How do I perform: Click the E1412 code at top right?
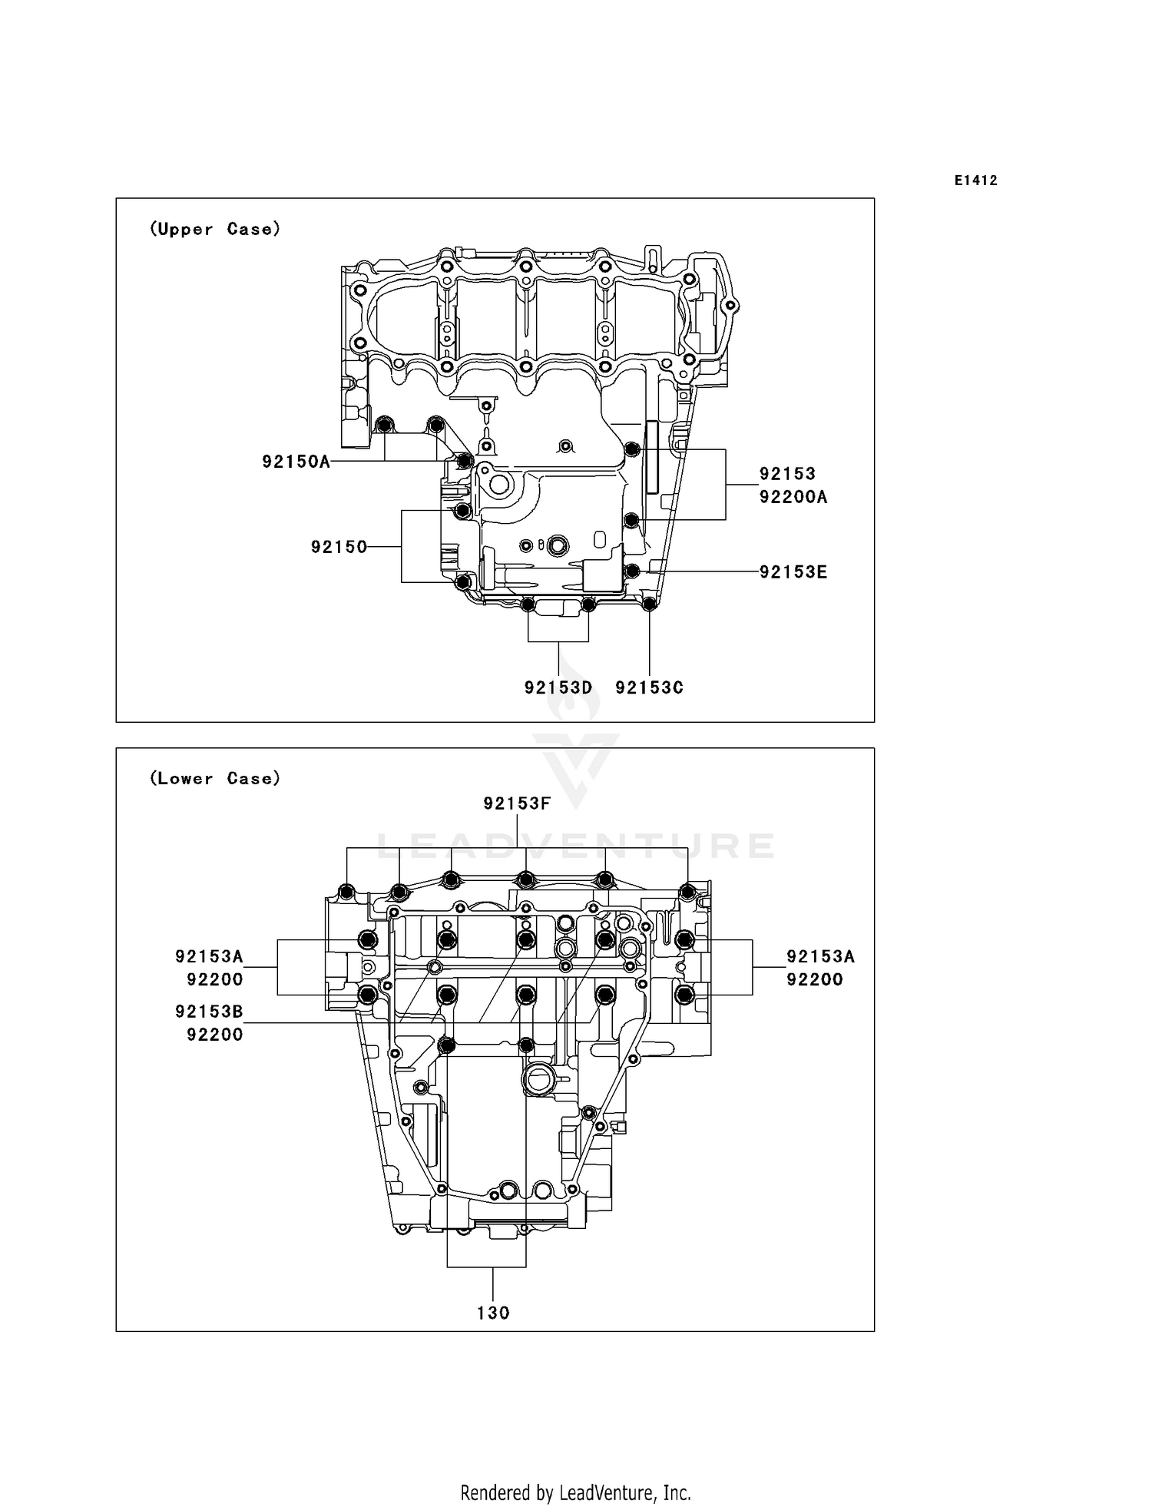(975, 181)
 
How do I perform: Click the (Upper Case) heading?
(215, 229)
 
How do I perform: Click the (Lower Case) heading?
(215, 778)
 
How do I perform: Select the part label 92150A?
(296, 462)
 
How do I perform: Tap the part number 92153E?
(793, 572)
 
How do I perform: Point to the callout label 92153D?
(558, 687)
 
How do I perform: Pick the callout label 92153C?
(649, 687)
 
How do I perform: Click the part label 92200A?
(793, 497)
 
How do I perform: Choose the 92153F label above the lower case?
(517, 803)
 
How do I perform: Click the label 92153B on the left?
(209, 1012)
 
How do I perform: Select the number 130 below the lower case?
(493, 1313)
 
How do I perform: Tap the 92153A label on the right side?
(820, 956)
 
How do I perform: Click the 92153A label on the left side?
(209, 956)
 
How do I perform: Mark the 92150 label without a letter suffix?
(339, 547)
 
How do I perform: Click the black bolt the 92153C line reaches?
(649, 604)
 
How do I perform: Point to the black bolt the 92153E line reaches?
(632, 571)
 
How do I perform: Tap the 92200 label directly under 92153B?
(215, 1035)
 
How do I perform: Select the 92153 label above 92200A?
(787, 474)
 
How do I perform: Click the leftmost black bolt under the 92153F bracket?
(346, 892)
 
